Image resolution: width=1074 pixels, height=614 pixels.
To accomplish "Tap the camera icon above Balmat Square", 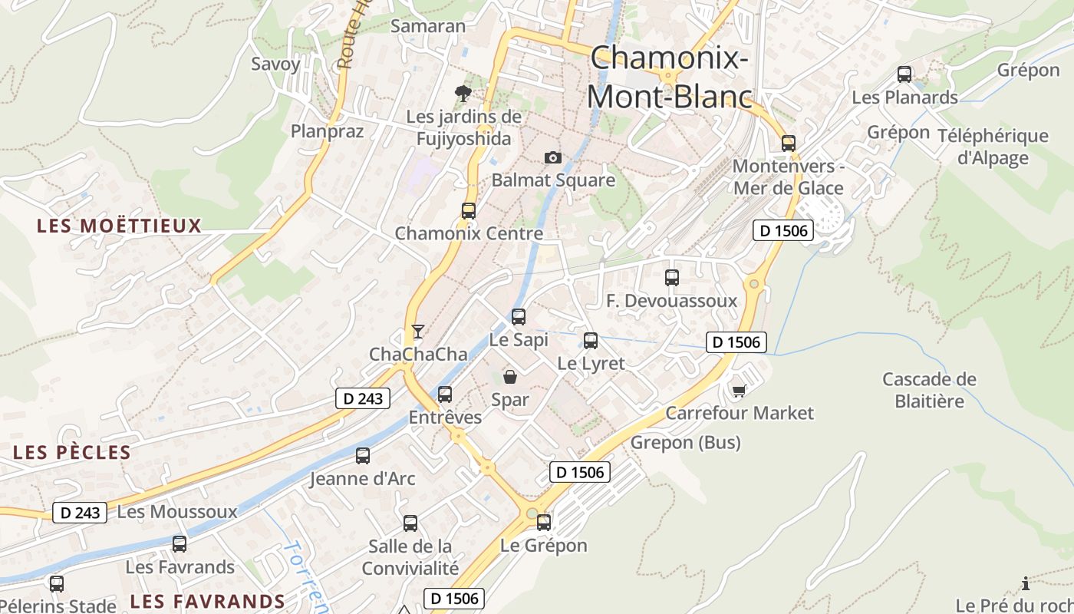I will coord(552,157).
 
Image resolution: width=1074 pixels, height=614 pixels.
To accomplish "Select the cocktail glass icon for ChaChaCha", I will coord(417,331).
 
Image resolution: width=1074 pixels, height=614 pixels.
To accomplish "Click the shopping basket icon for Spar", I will coord(509,376).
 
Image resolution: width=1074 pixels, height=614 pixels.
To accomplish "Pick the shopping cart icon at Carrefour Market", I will coord(739,391).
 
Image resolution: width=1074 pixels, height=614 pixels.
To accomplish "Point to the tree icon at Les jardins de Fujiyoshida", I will coord(463,94).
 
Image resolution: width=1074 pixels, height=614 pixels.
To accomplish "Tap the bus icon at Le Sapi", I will coord(519,316).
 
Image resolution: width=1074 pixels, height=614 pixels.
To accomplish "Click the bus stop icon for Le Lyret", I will coord(591,340).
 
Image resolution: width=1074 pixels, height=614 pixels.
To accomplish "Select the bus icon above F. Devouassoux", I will coord(672,277).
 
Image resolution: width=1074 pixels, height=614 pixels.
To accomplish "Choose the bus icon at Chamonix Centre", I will coord(468,210).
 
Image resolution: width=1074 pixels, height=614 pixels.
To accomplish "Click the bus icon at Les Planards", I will coord(904,74).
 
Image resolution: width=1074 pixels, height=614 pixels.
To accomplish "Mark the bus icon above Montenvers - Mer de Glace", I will coord(788,143).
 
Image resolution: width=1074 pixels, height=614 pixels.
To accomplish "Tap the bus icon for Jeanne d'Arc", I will coord(363,455).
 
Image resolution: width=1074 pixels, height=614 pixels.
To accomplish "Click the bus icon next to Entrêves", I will coord(445,394).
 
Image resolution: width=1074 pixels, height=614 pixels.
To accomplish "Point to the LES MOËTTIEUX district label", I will coord(119,226).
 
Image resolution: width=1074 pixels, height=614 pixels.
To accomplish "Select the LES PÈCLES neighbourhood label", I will coord(72,452).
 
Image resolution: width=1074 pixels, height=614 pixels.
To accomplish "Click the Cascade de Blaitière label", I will coord(929,390).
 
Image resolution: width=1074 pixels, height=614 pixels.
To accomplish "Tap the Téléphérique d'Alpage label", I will coord(993,147).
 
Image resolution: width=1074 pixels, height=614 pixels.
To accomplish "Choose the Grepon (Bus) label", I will coord(685,442).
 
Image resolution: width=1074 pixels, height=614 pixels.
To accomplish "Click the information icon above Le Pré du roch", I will coord(1026,583).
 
